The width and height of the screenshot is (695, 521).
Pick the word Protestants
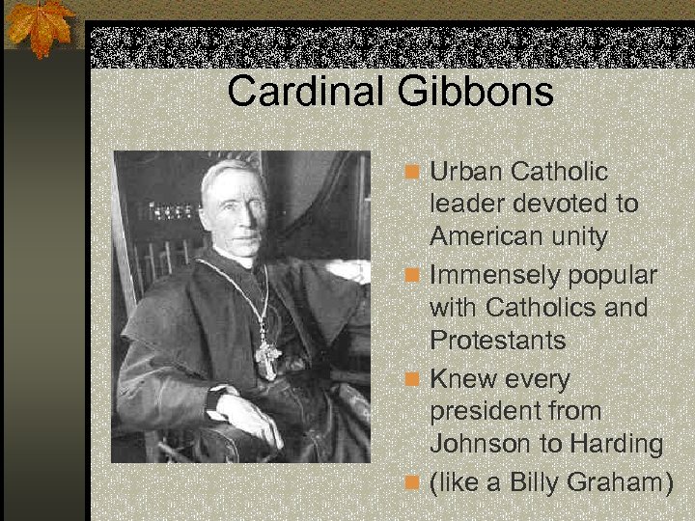tap(498, 341)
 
